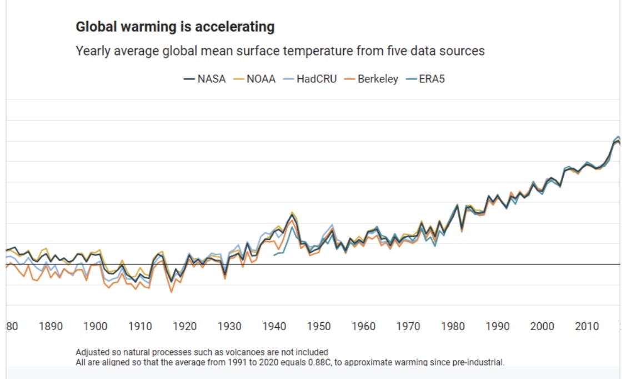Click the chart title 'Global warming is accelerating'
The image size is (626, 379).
coord(175,27)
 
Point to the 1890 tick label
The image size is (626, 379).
coord(51,326)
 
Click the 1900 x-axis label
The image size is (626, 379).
coord(96,326)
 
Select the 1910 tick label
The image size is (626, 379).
coord(140,326)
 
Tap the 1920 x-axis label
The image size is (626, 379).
coord(184,326)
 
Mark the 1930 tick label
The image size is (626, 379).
coord(229,326)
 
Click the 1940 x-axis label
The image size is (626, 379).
coord(274,326)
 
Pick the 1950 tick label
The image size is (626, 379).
coord(319,326)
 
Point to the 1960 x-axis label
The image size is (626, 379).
coord(364,326)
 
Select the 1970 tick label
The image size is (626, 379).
coord(408,326)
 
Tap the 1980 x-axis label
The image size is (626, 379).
coord(453,326)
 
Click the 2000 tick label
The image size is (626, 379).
coord(542,326)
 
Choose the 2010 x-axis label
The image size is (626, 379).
coord(587,326)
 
